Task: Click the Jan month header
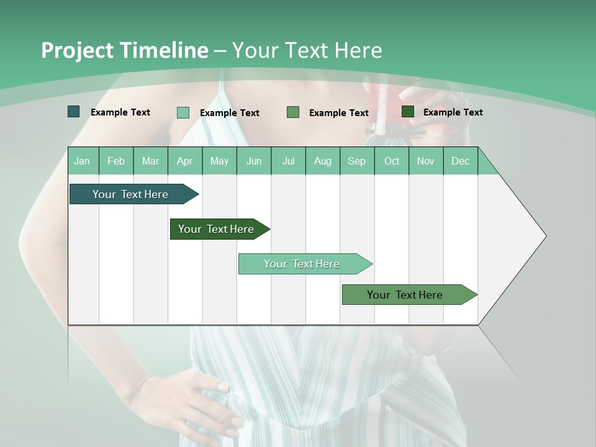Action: click(82, 161)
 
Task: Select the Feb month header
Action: click(116, 161)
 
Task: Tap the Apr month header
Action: click(185, 161)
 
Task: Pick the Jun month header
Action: click(254, 161)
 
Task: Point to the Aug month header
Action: click(323, 161)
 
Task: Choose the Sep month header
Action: click(357, 161)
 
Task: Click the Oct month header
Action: click(392, 161)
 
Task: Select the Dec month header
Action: click(461, 161)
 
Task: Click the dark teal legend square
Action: click(74, 112)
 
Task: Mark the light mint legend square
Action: click(183, 112)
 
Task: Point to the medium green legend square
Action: click(293, 112)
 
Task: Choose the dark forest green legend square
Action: click(408, 112)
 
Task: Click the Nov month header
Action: click(426, 161)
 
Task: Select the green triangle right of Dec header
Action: click(486, 165)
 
